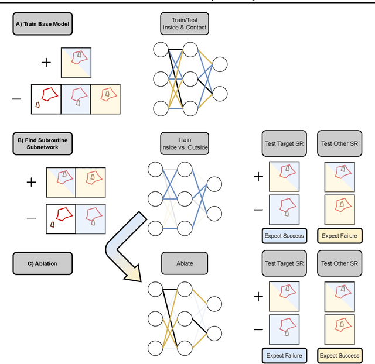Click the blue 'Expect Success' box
tap(284, 235)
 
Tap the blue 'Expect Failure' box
tap(284, 355)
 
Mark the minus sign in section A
tap(17, 98)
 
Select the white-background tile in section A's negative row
tap(46, 98)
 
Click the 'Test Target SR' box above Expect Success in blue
tap(284, 143)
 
